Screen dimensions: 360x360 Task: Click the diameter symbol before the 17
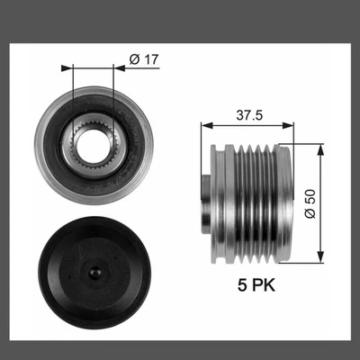pos(132,59)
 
